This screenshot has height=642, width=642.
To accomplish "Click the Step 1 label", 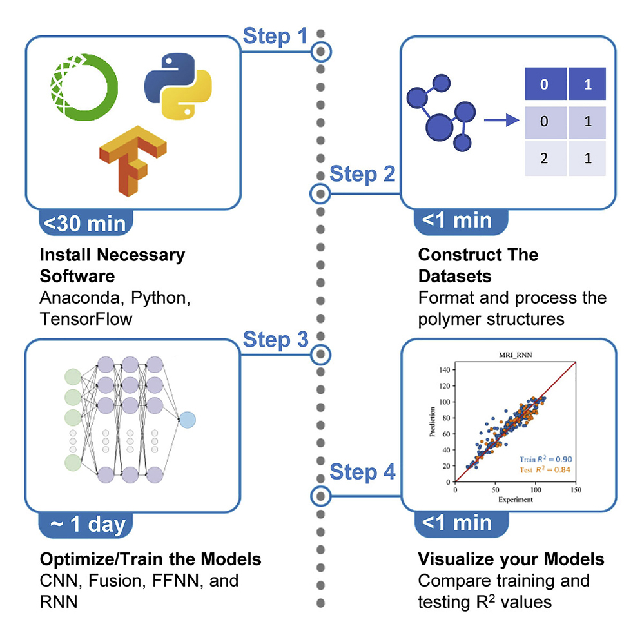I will coord(275,36).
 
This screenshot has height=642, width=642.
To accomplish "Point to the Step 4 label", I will coord(362,472).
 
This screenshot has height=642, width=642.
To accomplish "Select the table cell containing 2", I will coord(544,157).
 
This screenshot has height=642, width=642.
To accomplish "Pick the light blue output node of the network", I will coord(187,420).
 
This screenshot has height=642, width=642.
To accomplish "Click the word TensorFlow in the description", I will coord(86,319).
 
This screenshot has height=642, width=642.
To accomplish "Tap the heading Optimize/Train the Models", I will coord(150,558).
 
